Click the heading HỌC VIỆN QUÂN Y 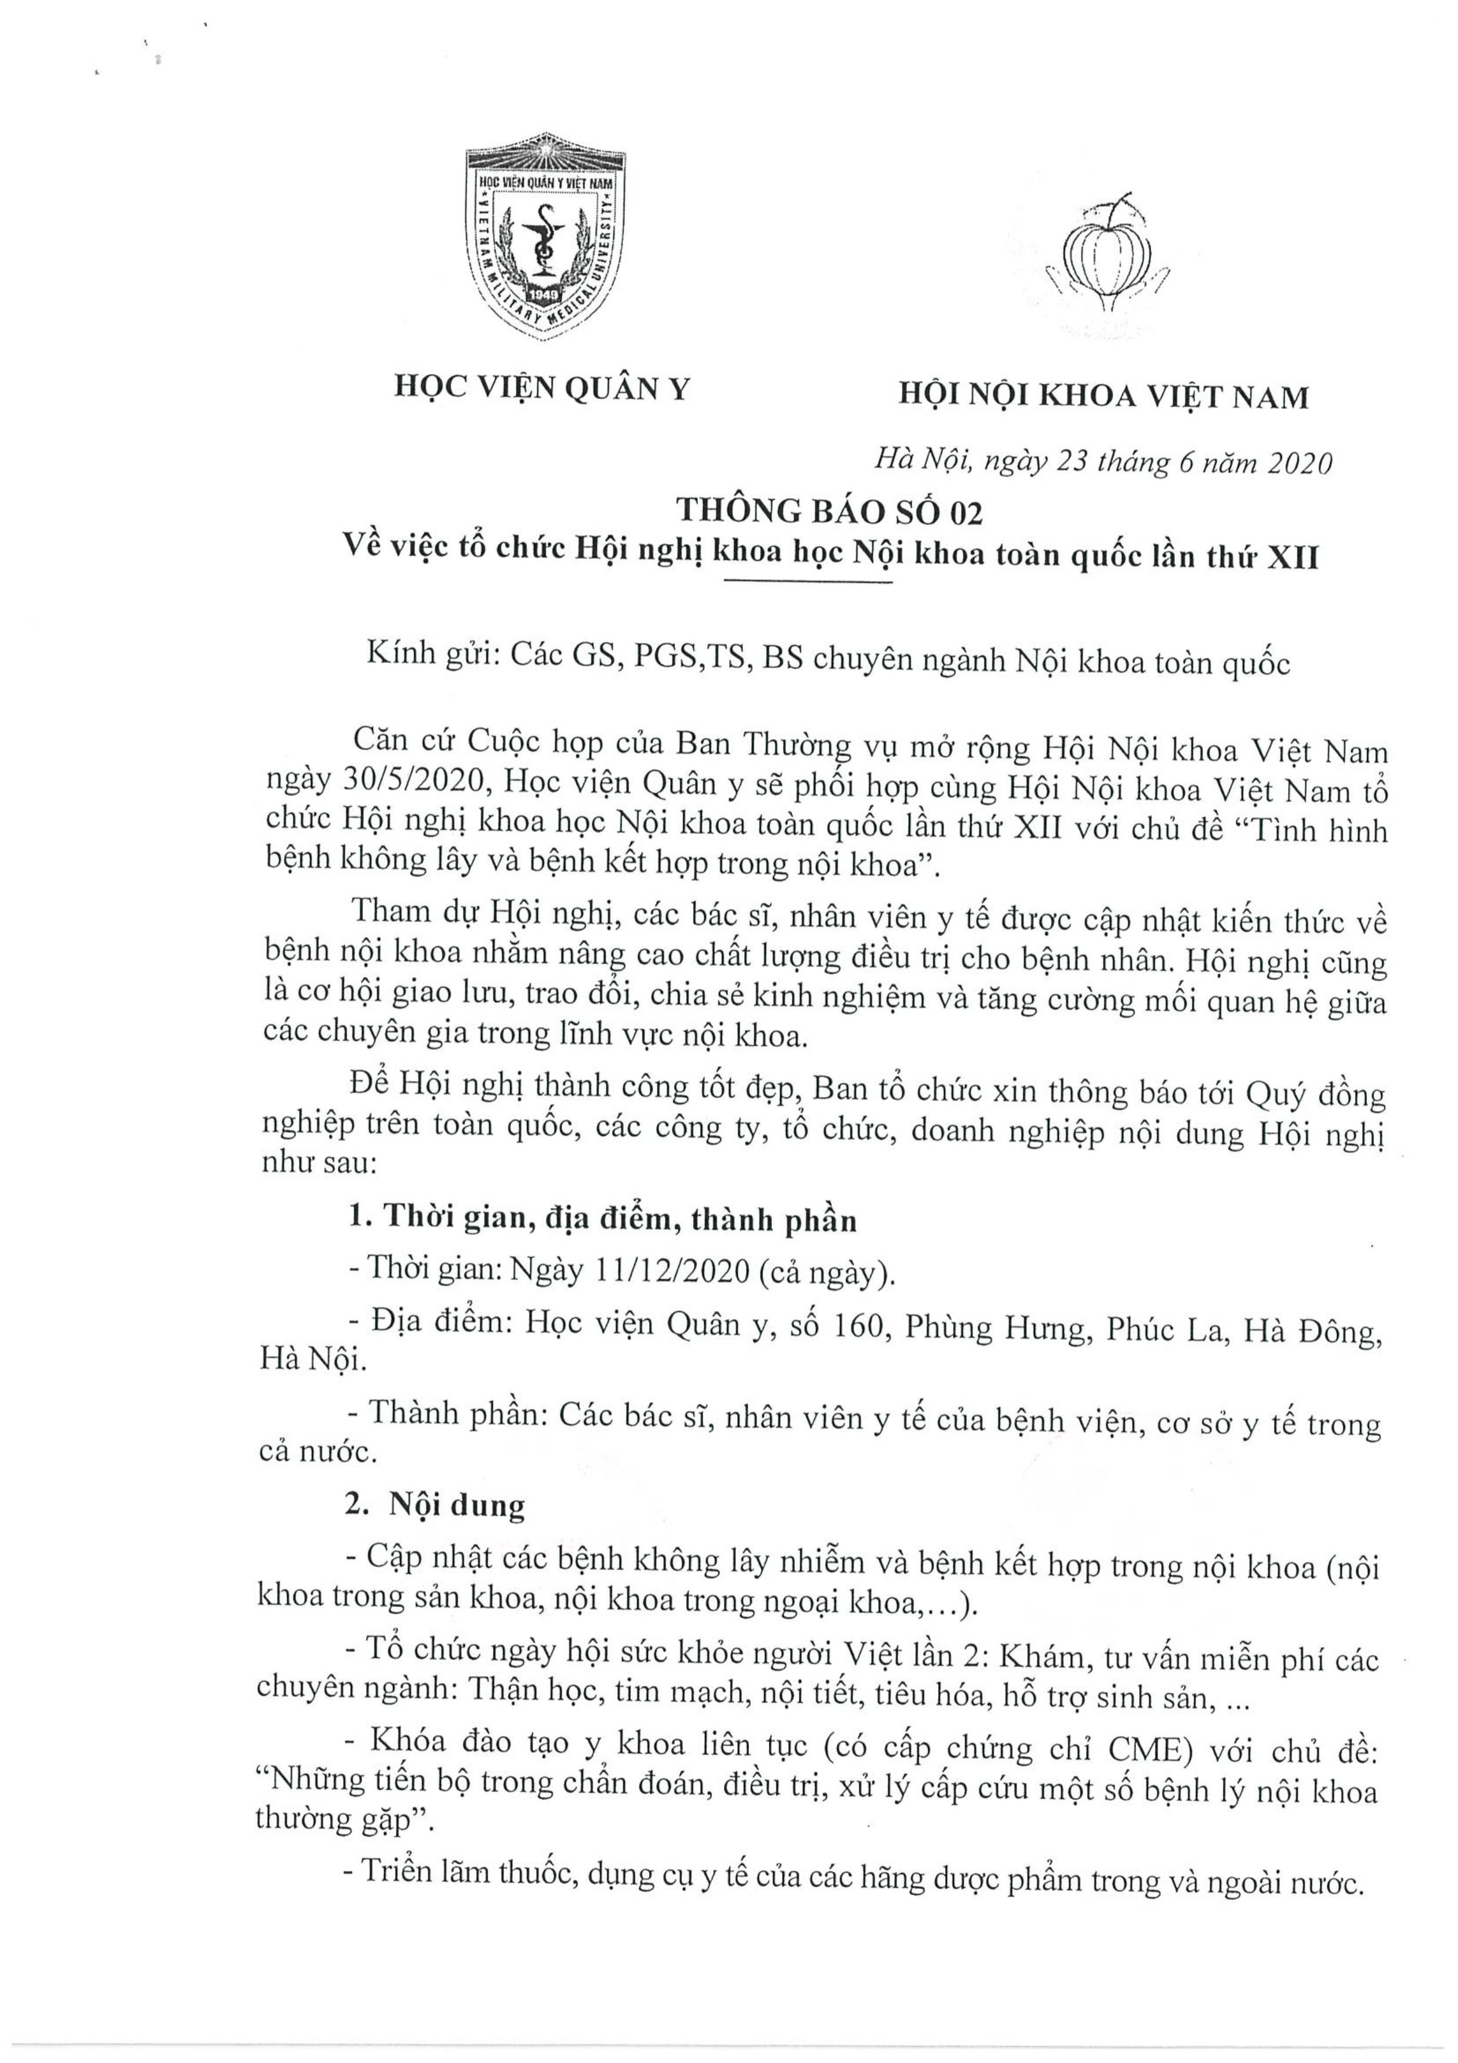543,388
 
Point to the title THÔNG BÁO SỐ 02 829,511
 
